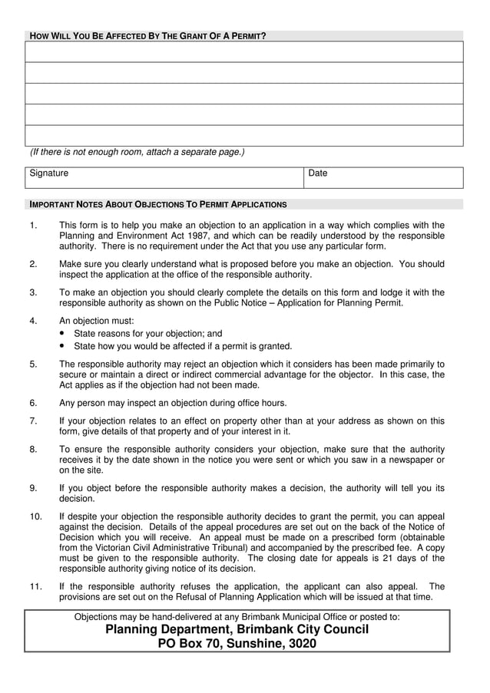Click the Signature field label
49,173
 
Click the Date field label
318,173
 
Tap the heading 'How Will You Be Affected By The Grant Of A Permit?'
147,36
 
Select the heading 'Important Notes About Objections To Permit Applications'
157,205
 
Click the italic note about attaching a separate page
137,152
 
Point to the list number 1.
33,226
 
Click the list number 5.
33,364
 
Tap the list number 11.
35,586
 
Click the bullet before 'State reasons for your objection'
62,334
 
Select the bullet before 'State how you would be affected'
62,346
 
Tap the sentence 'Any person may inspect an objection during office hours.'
173,403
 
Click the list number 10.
35,516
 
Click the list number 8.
33,449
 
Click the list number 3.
33,292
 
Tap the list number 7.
33,421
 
